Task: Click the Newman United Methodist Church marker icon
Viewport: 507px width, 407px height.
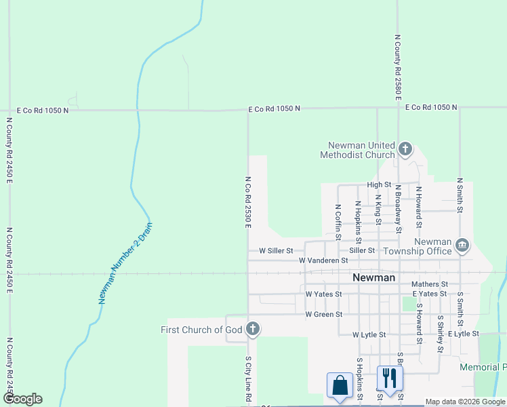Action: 405,149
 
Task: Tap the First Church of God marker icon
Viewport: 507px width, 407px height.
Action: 252,330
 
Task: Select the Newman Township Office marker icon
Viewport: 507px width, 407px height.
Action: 462,244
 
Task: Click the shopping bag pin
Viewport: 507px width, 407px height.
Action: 338,385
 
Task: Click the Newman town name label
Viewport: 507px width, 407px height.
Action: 374,277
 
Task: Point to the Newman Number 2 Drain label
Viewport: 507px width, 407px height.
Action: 125,263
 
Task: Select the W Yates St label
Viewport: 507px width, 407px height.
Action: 323,294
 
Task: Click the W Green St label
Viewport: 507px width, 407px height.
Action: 323,315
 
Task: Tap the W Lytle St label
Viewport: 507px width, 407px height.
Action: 369,335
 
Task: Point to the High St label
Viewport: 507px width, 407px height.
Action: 379,185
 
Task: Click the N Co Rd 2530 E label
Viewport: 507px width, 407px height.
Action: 248,202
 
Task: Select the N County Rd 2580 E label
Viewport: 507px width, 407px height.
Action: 399,66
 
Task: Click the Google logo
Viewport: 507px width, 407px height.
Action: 22,399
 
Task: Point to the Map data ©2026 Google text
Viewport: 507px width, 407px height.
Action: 465,402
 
